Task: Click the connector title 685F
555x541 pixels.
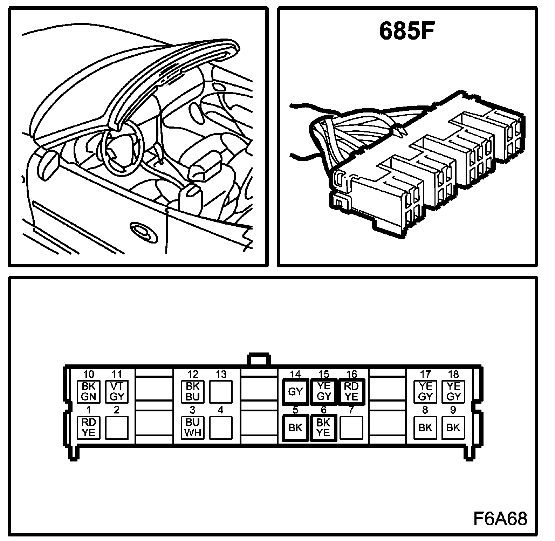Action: pos(406,32)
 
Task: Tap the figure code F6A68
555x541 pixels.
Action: pos(500,519)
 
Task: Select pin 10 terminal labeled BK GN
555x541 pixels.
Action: pos(89,391)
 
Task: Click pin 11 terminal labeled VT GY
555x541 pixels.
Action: pos(117,391)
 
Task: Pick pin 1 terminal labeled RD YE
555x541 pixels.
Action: pos(89,427)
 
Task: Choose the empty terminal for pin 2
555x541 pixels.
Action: pos(117,427)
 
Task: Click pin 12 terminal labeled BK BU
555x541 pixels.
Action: pos(193,391)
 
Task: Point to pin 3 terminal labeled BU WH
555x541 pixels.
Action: pos(193,427)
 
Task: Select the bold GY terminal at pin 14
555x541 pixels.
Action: pos(295,391)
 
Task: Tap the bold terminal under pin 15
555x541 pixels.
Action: pos(323,391)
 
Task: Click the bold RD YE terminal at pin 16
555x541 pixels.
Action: pos(351,391)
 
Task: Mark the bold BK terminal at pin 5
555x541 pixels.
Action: pos(295,427)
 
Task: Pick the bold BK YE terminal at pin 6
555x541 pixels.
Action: pos(323,427)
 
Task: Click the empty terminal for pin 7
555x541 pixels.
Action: pos(351,427)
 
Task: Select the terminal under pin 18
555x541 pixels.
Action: pos(453,391)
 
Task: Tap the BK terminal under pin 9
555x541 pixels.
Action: pos(453,427)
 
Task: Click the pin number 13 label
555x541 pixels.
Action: pos(221,375)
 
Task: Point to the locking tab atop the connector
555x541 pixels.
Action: pos(259,361)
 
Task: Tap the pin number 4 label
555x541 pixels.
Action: pos(220,410)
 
